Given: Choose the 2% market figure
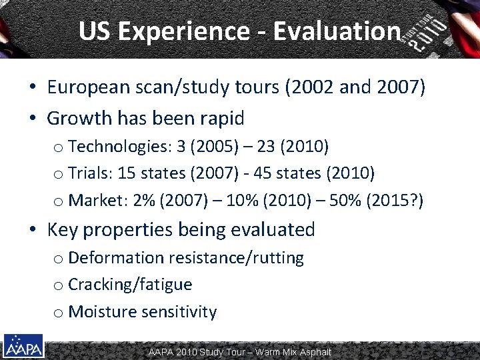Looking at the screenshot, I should coord(130,201).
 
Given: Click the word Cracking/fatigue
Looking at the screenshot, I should coord(130,285).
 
